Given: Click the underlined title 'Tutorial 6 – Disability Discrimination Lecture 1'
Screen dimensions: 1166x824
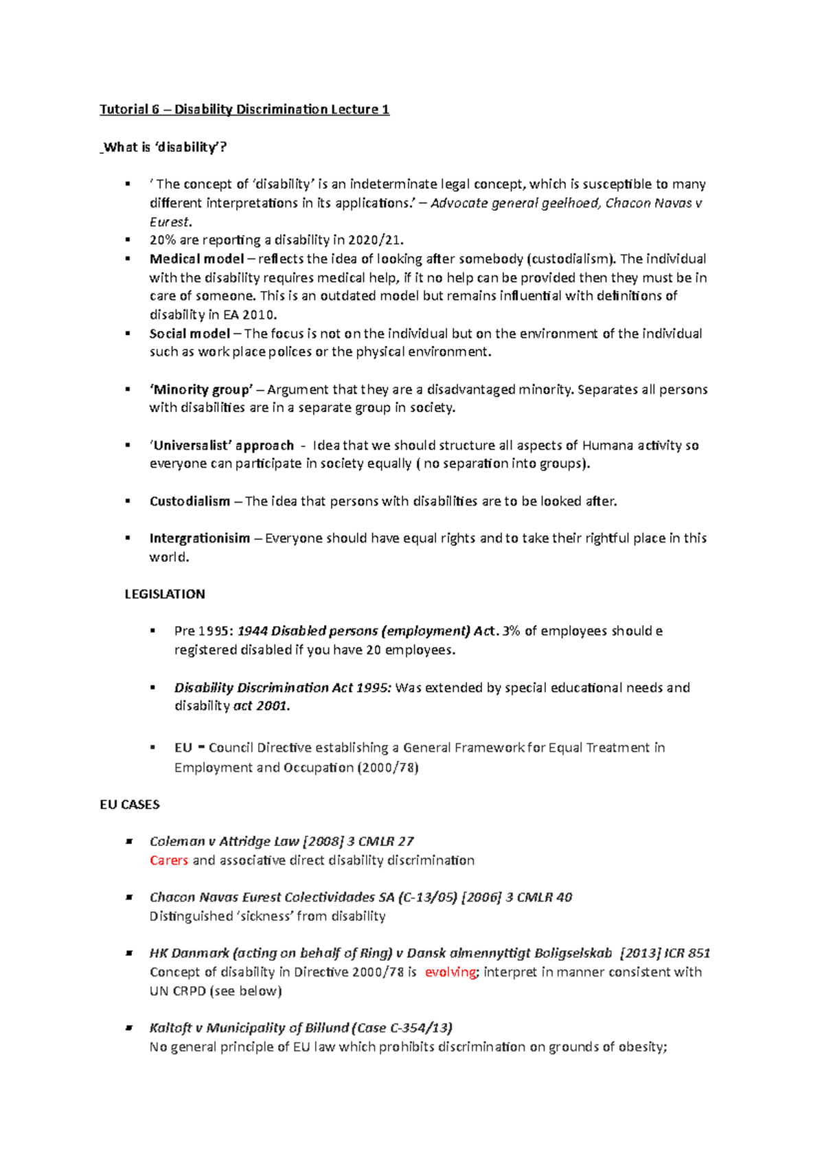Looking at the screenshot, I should [244, 109].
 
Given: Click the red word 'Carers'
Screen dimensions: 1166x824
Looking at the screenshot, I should [169, 860].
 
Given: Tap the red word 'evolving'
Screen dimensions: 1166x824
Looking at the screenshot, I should [450, 972].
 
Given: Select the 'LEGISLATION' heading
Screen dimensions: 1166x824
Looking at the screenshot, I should [165, 594].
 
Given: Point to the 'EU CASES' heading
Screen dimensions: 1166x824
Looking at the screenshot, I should [130, 804].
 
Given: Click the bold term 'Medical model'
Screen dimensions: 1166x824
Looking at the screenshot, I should [196, 259].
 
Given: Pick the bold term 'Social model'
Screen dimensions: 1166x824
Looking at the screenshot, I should [190, 334].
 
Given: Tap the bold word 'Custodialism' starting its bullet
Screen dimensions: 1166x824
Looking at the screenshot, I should [190, 501].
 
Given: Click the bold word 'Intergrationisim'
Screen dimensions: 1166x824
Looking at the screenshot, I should [200, 538].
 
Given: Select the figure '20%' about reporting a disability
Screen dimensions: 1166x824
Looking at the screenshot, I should [162, 240].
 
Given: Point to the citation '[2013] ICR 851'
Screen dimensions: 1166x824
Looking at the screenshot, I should [665, 953].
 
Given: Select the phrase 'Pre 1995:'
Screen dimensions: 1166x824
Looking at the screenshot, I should [204, 631].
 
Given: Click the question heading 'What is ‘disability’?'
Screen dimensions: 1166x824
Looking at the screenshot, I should [165, 147].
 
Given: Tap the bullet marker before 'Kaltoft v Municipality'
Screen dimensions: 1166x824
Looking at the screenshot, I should [128, 1029].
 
